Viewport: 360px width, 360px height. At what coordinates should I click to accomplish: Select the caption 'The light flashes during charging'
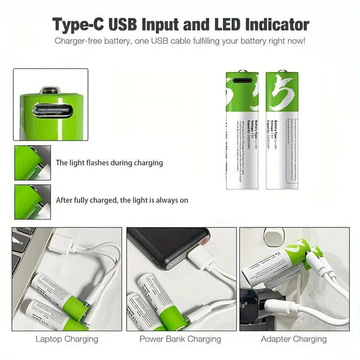pyautogui.click(x=109, y=163)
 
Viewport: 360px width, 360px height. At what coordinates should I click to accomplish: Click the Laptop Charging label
pyautogui.click(x=67, y=339)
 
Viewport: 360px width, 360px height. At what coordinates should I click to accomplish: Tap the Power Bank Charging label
pyautogui.click(x=180, y=339)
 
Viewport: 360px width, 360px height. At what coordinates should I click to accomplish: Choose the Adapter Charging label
pyautogui.click(x=294, y=339)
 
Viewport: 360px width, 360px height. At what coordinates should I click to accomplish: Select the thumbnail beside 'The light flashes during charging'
pyautogui.click(x=32, y=163)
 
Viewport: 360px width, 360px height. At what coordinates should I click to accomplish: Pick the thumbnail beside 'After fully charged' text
pyautogui.click(x=32, y=201)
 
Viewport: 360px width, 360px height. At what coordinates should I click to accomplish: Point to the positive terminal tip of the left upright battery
pyautogui.click(x=244, y=70)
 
